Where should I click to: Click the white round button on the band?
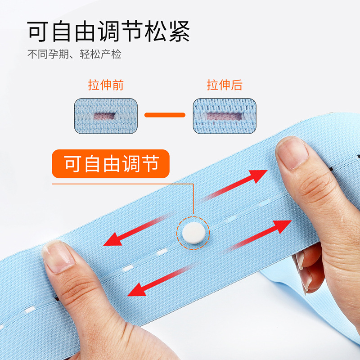193,233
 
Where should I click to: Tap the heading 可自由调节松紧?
108,31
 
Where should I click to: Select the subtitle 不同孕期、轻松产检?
74,54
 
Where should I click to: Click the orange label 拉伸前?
106,85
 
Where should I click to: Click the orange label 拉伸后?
225,85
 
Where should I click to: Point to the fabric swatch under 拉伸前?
106,116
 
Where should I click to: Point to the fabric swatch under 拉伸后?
225,116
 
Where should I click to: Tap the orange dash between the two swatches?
165,115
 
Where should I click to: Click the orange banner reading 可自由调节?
111,164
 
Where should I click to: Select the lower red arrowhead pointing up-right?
282,226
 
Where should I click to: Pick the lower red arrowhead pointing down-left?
137,290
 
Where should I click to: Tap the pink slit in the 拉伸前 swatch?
104,116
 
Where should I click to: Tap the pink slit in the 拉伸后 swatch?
224,116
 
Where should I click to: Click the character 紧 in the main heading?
180,31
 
